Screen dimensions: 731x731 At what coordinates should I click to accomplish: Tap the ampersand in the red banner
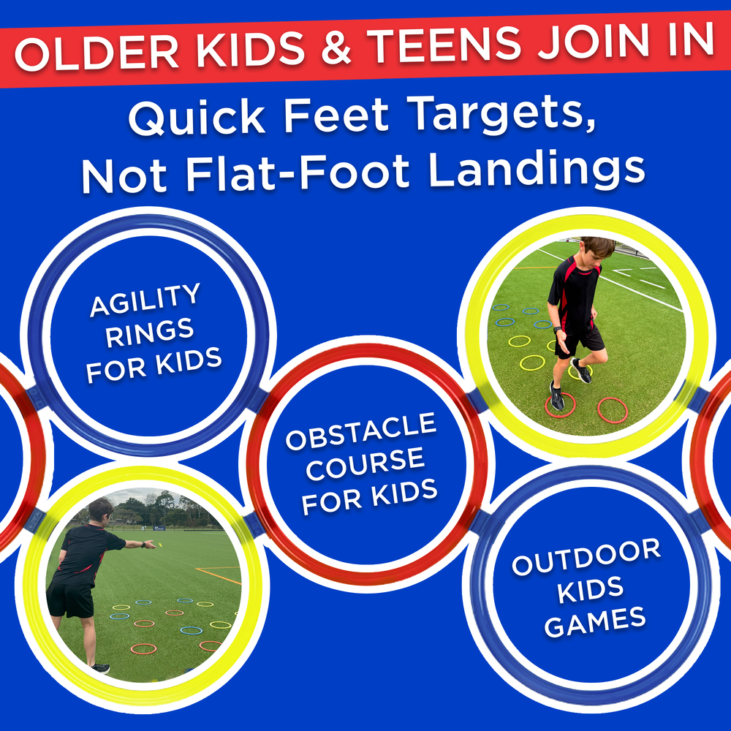tap(336, 48)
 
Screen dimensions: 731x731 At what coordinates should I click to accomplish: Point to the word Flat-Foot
tap(298, 173)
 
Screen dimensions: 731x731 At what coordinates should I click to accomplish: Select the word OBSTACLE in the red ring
tap(361, 431)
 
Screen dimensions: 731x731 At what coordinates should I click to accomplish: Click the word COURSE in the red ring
tap(365, 465)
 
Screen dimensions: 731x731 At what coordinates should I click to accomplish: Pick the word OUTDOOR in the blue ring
tap(586, 556)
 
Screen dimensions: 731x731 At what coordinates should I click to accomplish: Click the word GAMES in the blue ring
tap(595, 622)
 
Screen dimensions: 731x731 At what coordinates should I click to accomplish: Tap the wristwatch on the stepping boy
tap(558, 330)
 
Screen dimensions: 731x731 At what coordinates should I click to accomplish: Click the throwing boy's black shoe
tap(101, 668)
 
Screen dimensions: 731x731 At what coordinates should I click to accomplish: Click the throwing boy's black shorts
tap(70, 599)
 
